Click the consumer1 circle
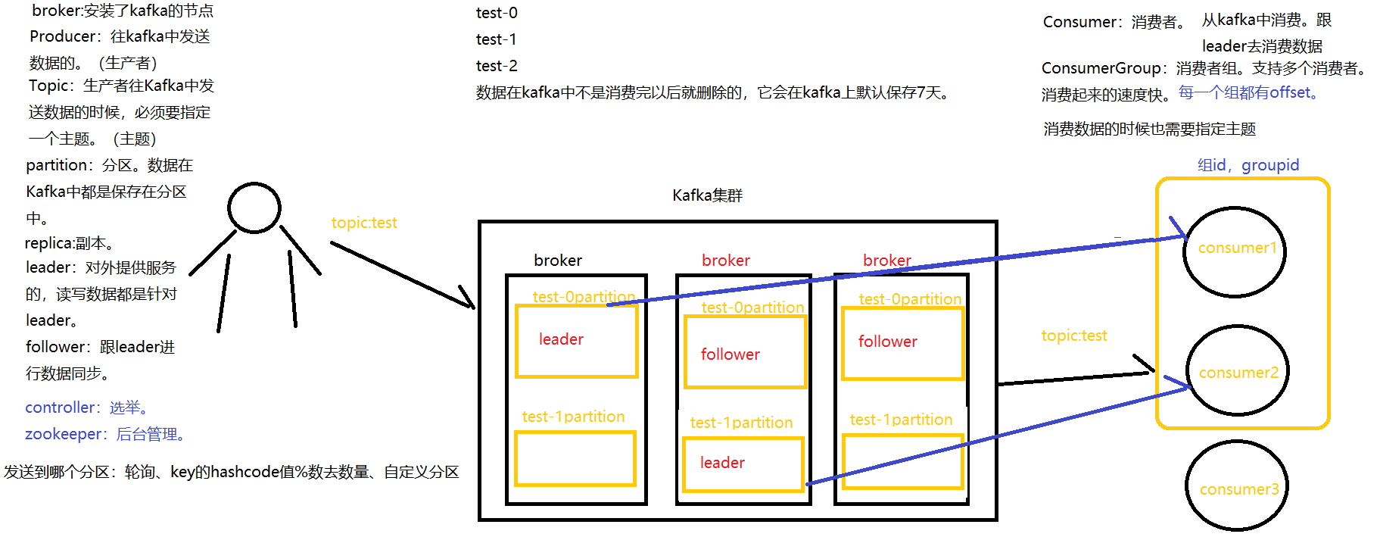[1235, 251]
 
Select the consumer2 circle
[1237, 370]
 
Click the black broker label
[558, 261]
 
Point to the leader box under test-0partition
[576, 340]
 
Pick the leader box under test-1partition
[743, 464]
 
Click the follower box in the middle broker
[745, 352]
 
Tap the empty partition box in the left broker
[575, 458]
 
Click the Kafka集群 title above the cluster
[707, 195]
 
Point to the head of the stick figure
[254, 207]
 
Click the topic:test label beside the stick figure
[364, 223]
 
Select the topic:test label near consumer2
[1073, 336]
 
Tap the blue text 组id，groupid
[1248, 165]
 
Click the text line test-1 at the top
[496, 39]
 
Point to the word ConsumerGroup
[1101, 68]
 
